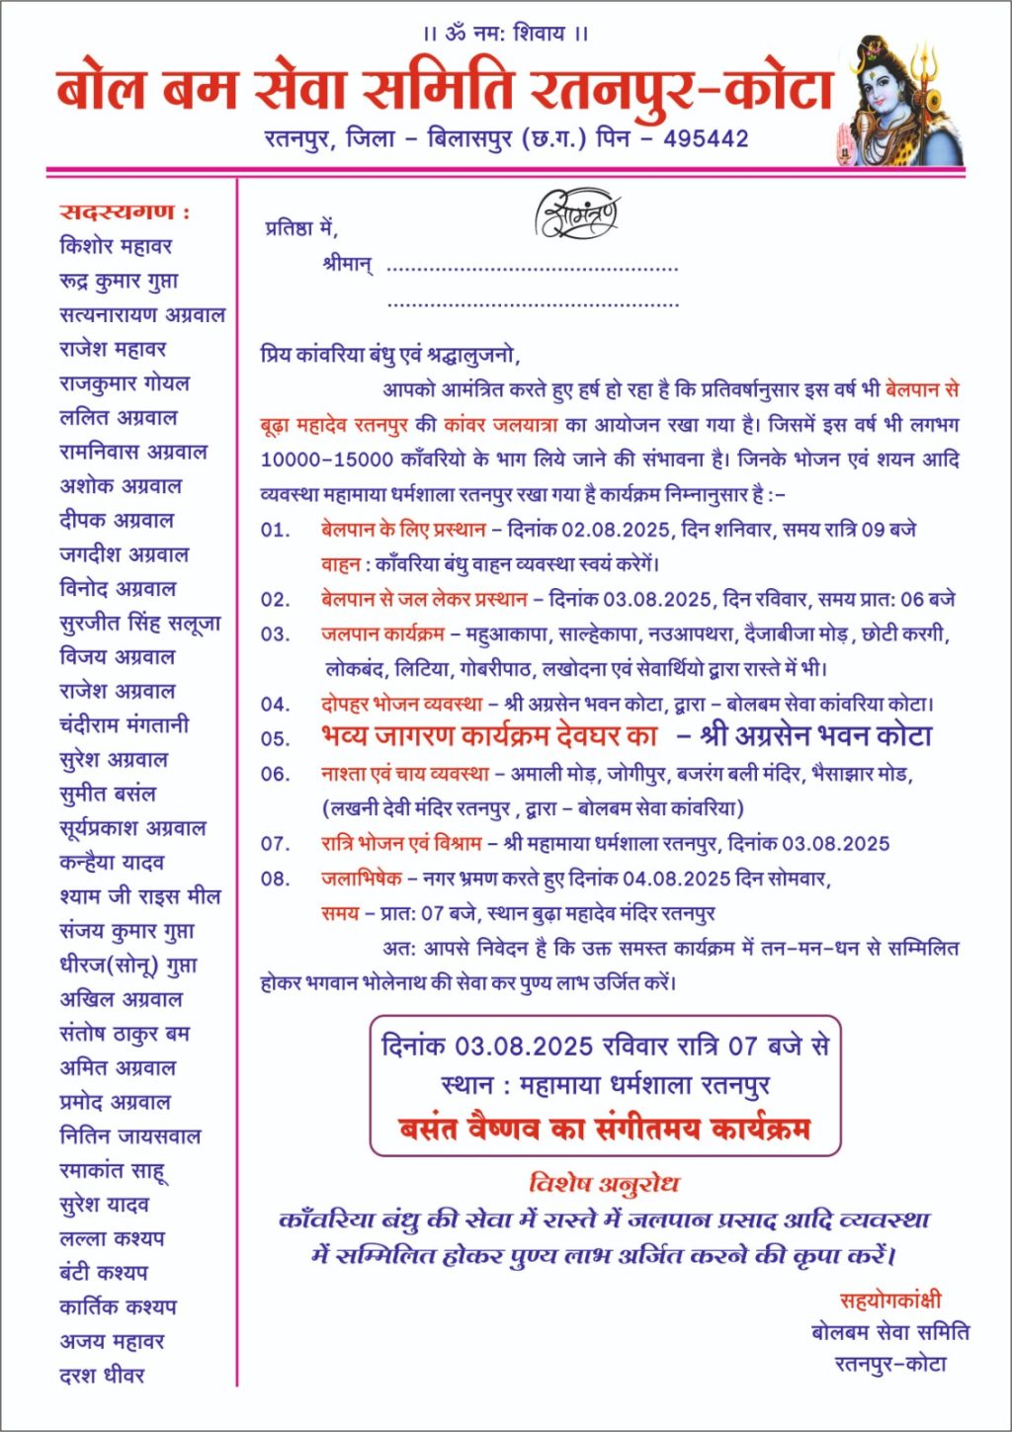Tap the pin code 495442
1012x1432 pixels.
(706, 138)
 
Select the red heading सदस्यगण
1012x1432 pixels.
(124, 211)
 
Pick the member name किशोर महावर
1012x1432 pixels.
(116, 246)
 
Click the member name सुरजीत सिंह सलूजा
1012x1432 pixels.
(139, 623)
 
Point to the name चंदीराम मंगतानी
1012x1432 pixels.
(124, 725)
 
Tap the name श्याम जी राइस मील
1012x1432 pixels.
(139, 896)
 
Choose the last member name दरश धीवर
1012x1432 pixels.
(102, 1375)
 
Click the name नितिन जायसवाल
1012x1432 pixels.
(129, 1137)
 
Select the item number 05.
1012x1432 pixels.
(275, 738)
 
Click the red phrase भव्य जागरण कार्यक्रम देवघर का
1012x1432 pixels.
(489, 736)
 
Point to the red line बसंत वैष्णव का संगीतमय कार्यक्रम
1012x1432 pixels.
(604, 1129)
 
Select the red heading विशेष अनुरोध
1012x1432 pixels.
(604, 1183)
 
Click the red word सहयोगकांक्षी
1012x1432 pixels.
(890, 1301)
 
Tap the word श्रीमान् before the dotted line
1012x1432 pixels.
(347, 265)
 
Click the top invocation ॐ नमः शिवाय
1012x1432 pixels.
(506, 34)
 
